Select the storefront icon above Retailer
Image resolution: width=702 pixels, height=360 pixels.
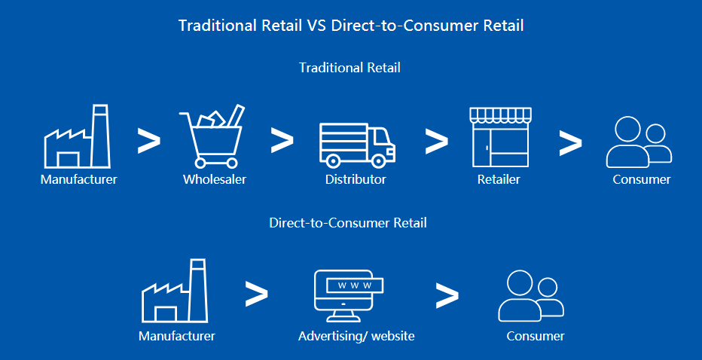pos(500,137)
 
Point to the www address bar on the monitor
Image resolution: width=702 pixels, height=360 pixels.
pos(355,285)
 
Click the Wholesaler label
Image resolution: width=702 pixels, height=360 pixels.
pos(215,179)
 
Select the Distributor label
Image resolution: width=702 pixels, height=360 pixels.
pos(356,179)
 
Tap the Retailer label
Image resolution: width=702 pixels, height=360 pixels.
pos(499,179)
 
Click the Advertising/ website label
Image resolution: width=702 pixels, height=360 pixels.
pos(356,336)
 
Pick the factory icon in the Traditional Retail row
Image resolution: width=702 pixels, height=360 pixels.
pos(77,136)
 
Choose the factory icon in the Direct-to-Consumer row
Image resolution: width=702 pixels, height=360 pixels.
pos(175,291)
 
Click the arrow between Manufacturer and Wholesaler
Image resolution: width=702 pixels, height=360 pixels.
pos(148,141)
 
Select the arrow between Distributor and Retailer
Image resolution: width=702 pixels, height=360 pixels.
pos(437,141)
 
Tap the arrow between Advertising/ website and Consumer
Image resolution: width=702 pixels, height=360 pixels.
pos(447,295)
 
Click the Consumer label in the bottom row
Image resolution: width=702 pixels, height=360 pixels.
pos(536,336)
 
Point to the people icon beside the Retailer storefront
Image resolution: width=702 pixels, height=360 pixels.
pos(639,142)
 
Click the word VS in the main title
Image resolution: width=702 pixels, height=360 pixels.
pos(316,26)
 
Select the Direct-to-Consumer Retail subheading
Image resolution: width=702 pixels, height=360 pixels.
pos(348,223)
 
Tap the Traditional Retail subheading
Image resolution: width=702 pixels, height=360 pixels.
pos(349,68)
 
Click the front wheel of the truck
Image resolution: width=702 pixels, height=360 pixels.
pos(378,160)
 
